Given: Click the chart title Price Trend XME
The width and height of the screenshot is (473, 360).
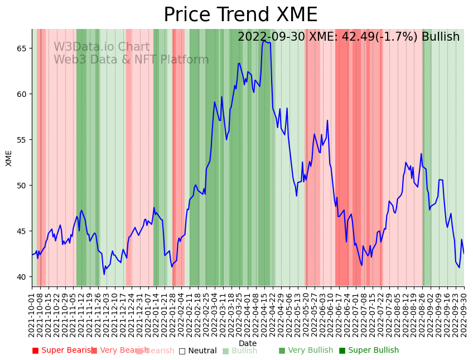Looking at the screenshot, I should [240, 15].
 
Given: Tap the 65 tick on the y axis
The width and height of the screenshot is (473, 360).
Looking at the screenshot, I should [22, 48].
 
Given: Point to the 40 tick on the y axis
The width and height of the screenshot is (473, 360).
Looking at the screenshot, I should [22, 277].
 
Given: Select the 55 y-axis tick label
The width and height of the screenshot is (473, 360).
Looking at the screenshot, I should [22, 140].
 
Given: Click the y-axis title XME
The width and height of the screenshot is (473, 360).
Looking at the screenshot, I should [9, 158].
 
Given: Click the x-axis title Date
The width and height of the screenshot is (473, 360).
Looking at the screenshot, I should [248, 344].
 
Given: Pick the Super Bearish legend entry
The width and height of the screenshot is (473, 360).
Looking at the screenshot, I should [62, 351].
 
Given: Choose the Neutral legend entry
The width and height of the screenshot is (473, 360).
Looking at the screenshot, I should [197, 351].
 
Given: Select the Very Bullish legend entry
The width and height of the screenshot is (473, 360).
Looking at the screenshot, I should [306, 351].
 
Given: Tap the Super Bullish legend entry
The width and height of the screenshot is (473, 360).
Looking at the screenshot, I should [369, 351].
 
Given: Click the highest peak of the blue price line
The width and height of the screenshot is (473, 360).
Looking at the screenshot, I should [263, 40].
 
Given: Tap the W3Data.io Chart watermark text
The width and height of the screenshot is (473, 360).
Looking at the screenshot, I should [102, 47].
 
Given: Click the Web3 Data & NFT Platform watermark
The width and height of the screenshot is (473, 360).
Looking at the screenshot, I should [131, 60].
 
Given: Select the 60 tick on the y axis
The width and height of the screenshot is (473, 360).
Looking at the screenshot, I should [22, 94].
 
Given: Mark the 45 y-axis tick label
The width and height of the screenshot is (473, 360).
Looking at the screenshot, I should [22, 231].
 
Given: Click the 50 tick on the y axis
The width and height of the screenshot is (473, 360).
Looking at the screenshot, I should [22, 186].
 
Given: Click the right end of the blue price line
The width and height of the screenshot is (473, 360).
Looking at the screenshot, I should [464, 254].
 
